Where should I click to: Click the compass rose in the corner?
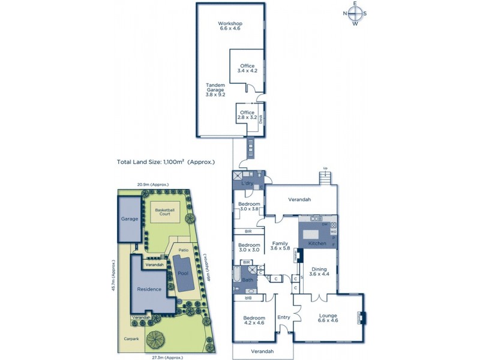tap(355, 13)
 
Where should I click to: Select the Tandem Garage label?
tap(215, 89)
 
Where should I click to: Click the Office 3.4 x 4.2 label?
tap(247, 68)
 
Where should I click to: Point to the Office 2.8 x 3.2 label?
tap(247, 115)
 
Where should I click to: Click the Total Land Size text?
tap(166, 162)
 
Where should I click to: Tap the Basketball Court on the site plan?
tap(164, 211)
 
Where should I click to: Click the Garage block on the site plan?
tap(130, 220)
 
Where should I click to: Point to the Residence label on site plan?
tap(149, 289)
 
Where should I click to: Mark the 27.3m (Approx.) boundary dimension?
tap(166, 357)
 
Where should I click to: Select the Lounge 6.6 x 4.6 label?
tap(328, 318)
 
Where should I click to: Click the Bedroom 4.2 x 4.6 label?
tap(254, 321)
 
